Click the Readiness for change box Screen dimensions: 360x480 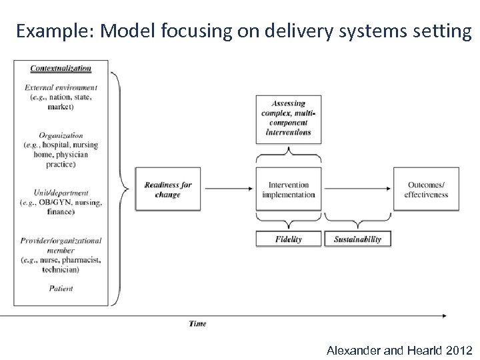tap(168, 189)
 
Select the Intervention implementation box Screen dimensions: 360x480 tap(288, 189)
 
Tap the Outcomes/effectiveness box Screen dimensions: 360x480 tap(425, 189)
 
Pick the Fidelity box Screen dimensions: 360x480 tap(288, 239)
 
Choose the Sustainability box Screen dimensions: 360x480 tap(357, 239)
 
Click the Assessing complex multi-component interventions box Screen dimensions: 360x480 tap(288, 118)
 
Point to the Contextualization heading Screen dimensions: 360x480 tap(61, 68)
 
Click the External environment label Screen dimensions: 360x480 tap(61, 87)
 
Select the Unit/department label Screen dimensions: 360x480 tap(61, 193)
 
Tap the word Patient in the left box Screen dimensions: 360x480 tap(61, 288)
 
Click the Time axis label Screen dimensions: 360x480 tap(197, 323)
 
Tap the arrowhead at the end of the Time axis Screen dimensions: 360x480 tap(443, 315)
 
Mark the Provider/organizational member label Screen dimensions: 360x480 tap(61, 245)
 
